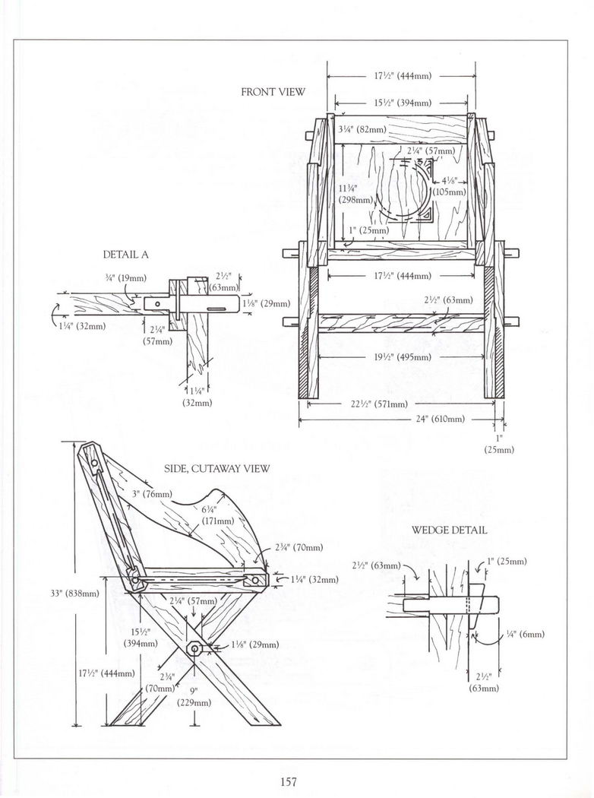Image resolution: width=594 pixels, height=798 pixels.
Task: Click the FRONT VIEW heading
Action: pyautogui.click(x=273, y=92)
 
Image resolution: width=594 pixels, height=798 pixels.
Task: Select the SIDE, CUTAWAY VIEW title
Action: pyautogui.click(x=217, y=469)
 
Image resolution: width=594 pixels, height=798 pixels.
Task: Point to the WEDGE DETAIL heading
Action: pyautogui.click(x=449, y=530)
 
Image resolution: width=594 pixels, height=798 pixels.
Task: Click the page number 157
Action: pyautogui.click(x=287, y=781)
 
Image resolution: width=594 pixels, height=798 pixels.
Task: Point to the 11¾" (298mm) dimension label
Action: pyautogui.click(x=355, y=193)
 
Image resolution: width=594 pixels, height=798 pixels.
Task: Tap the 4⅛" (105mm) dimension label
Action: pyautogui.click(x=450, y=187)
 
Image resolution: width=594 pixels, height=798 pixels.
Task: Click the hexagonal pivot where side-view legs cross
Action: pyautogui.click(x=194, y=648)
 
